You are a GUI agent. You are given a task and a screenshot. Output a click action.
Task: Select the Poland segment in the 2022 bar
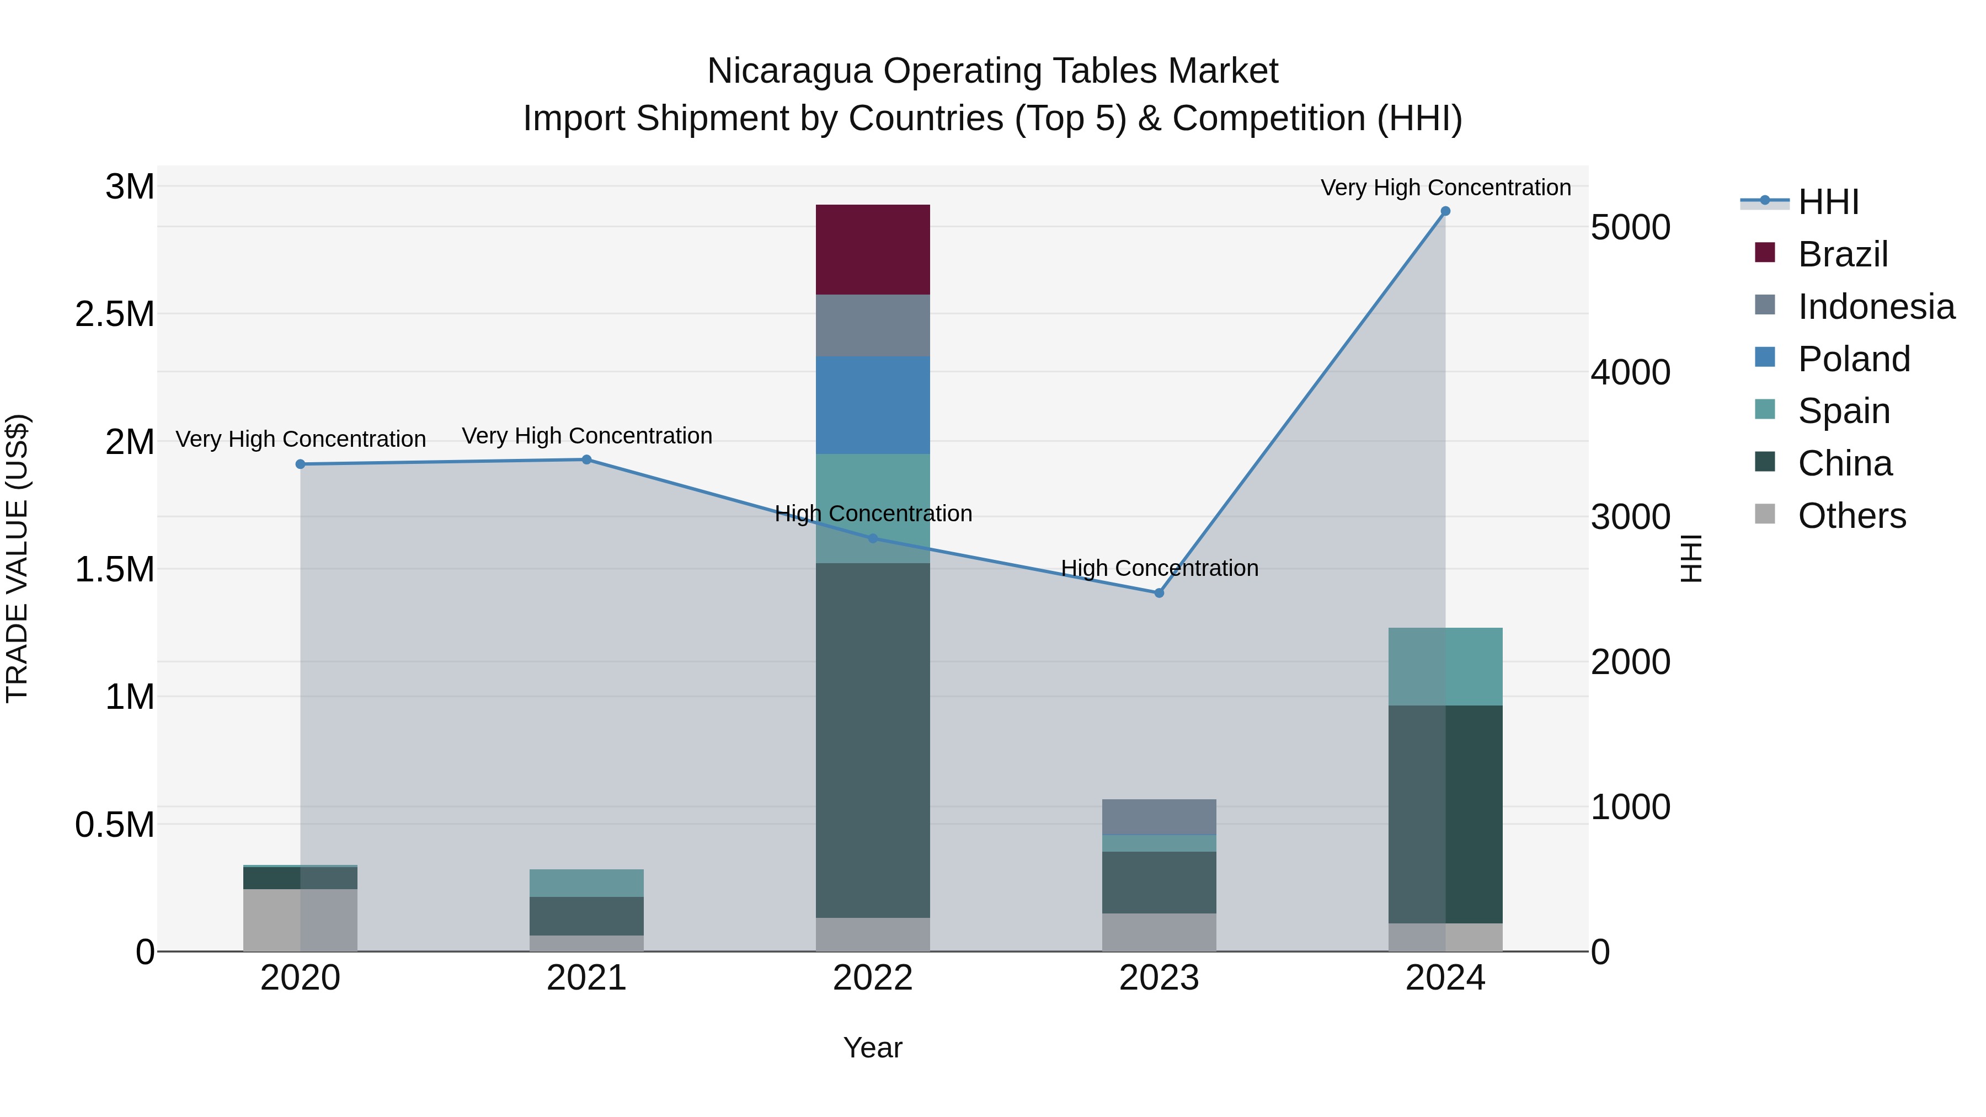(873, 405)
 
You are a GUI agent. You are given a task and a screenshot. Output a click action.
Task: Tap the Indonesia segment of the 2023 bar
(1158, 817)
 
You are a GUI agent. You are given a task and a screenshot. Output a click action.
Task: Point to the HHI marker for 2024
(1445, 211)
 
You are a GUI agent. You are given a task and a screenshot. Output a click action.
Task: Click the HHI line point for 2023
(1158, 593)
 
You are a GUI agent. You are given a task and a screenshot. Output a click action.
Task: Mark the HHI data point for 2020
(301, 464)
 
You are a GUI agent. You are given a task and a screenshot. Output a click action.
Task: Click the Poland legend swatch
(1765, 357)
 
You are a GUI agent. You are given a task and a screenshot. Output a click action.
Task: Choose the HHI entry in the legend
(1828, 202)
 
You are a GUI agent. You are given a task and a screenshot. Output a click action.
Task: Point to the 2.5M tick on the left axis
(114, 314)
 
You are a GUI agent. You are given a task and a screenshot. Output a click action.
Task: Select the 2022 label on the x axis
(873, 978)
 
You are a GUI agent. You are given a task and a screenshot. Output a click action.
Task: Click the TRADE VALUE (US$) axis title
(17, 558)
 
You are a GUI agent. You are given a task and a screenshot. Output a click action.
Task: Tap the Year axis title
(873, 1047)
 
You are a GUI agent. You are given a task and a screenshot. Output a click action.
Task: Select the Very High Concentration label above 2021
(587, 436)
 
